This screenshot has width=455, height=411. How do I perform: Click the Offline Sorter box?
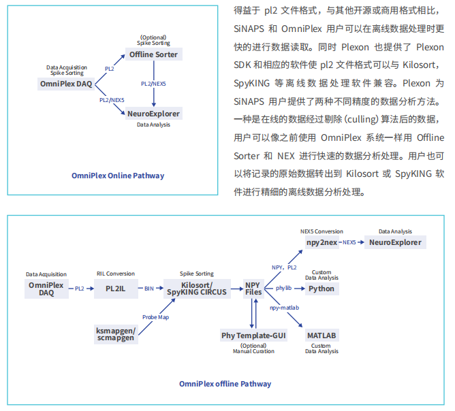tap(153, 54)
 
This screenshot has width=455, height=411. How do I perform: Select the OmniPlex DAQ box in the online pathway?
tap(66, 84)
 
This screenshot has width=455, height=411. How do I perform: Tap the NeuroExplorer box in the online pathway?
tap(153, 114)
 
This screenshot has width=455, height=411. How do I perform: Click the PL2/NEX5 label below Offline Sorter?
tap(153, 84)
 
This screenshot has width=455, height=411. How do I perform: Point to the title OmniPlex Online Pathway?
tap(118, 176)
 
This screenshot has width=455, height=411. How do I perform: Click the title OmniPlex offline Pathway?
tap(225, 384)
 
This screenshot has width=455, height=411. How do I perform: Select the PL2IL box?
tap(116, 289)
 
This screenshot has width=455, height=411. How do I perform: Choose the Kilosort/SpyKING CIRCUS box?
tap(197, 289)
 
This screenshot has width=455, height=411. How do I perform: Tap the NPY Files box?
tap(253, 289)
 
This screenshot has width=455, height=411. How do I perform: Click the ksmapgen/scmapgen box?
tap(116, 334)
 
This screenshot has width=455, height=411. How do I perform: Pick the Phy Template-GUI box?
tap(253, 335)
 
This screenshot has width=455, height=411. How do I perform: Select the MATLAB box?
tap(321, 335)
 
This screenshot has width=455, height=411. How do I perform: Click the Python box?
tap(321, 289)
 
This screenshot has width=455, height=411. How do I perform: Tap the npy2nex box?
tap(321, 242)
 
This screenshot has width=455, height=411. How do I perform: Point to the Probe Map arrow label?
tap(155, 317)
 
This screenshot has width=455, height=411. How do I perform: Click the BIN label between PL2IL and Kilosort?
tap(149, 289)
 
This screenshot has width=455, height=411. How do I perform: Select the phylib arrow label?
tap(283, 288)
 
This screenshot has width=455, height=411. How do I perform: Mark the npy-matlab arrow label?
tap(285, 308)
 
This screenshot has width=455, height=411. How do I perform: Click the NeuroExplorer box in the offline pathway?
tap(395, 242)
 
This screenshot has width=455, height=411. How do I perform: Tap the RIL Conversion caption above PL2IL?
tap(116, 274)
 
